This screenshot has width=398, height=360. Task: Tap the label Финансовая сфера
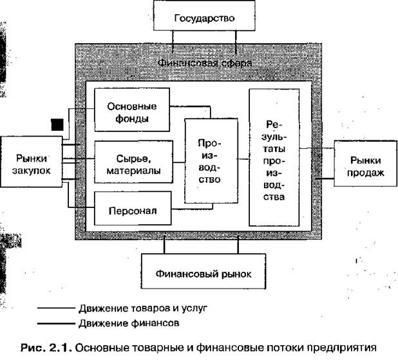click(205, 63)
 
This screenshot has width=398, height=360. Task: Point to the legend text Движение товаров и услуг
click(139, 308)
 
